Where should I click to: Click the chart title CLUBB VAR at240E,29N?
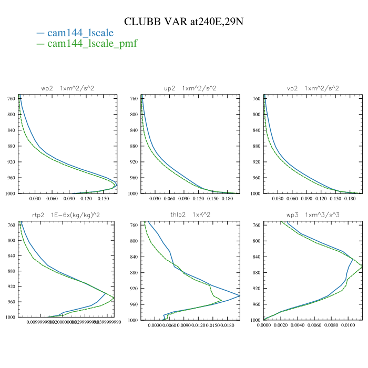click(183, 22)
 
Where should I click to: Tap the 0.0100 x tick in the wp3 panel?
click(349, 325)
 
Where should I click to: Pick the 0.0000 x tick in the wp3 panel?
click(264, 325)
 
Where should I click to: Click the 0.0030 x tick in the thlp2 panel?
click(155, 325)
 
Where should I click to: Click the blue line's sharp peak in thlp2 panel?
click(239, 296)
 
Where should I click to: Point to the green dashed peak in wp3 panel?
click(362, 268)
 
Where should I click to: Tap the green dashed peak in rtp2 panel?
click(114, 299)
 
